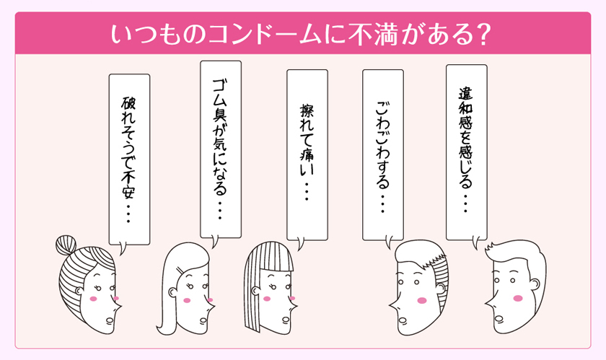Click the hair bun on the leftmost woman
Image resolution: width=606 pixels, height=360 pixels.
[66, 245]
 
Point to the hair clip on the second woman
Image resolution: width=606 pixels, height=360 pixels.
[181, 270]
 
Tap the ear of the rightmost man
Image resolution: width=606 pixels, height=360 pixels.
[535, 284]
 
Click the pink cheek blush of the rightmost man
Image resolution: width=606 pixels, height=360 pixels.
[518, 298]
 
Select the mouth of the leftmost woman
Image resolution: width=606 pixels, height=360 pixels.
[110, 320]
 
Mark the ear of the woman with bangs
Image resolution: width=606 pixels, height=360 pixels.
[255, 290]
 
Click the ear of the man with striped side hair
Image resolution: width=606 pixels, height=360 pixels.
[440, 288]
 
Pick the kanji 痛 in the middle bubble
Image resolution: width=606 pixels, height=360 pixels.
[307, 154]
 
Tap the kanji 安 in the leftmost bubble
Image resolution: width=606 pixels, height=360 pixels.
[128, 190]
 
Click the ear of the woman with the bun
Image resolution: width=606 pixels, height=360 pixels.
[79, 291]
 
